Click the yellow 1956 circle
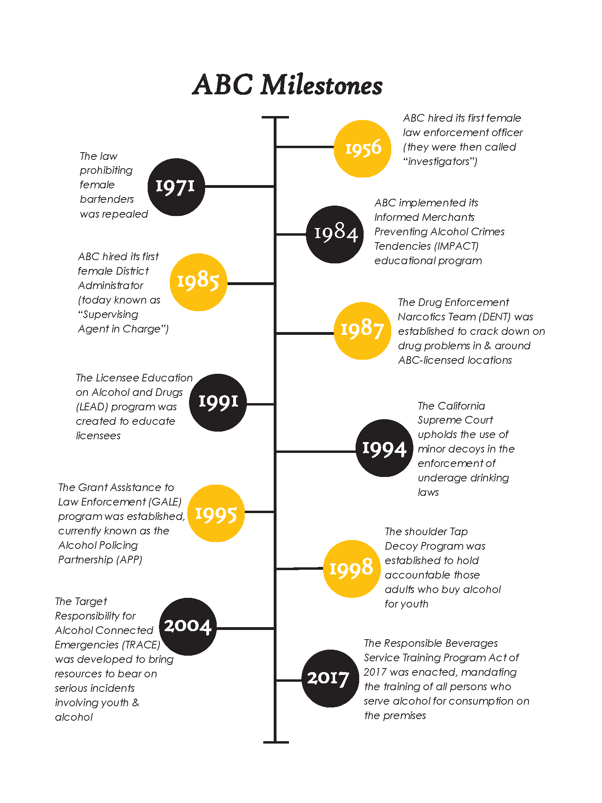(362, 149)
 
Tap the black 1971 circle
(176, 187)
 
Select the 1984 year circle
(335, 234)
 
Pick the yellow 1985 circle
(198, 282)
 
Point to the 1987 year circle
(362, 330)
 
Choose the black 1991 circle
(218, 402)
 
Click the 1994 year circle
(384, 448)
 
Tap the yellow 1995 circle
(216, 513)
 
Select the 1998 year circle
(352, 569)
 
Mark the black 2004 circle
(188, 626)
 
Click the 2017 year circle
(330, 679)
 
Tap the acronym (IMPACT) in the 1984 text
(457, 246)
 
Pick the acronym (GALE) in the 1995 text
(165, 502)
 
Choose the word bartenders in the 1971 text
(107, 199)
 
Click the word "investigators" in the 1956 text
(440, 161)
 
